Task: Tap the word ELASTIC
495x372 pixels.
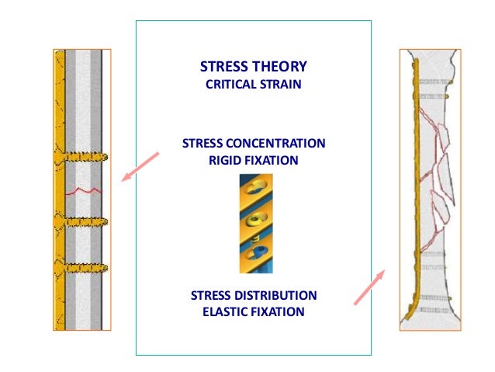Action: [x=224, y=312]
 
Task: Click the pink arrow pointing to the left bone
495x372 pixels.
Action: [x=140, y=166]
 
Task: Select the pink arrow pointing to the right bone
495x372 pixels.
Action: [x=369, y=287]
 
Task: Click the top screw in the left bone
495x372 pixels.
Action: [x=81, y=157]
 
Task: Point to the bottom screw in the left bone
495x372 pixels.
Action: [x=81, y=269]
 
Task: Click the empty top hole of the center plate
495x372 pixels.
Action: [x=258, y=186]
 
